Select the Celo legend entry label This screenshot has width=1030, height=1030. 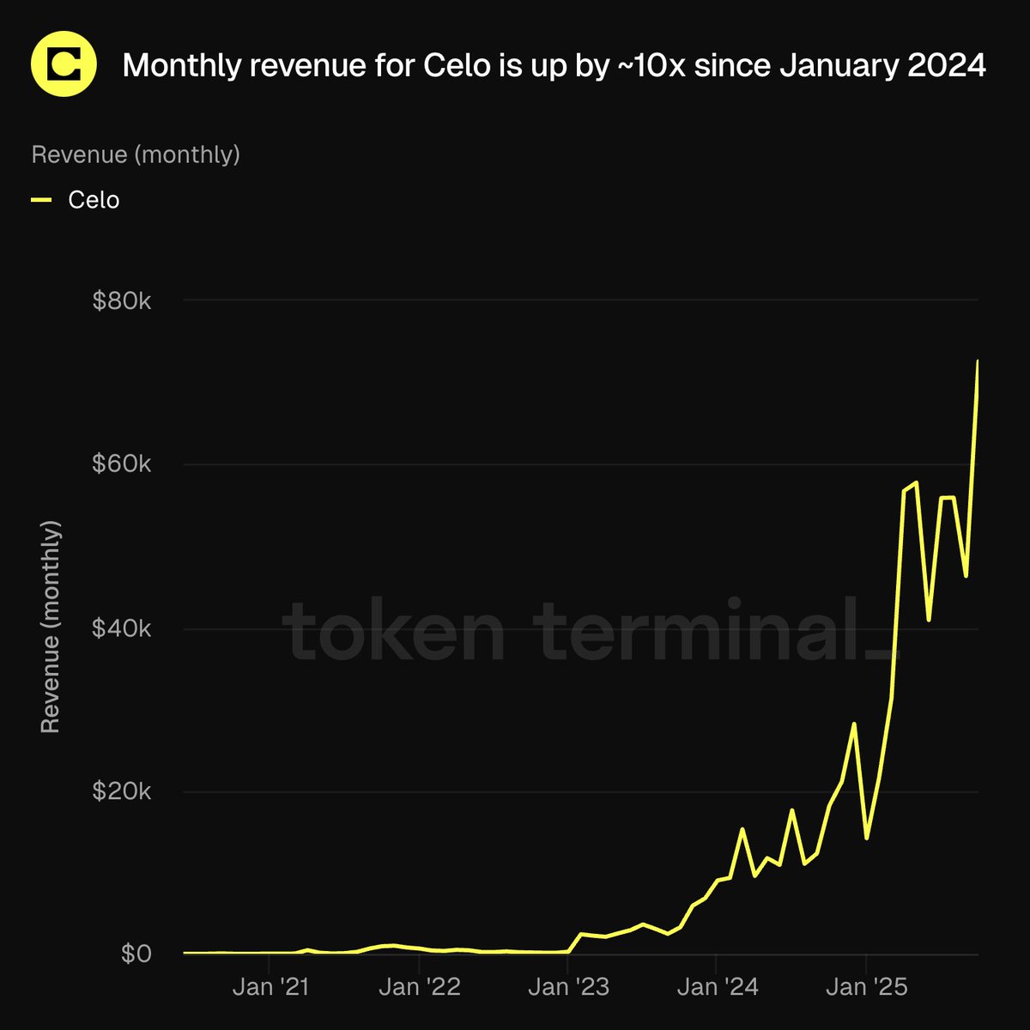(94, 200)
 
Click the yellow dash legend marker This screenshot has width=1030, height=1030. (42, 200)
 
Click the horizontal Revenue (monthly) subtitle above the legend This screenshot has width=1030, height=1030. (136, 154)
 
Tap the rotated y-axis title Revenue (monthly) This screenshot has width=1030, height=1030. (51, 627)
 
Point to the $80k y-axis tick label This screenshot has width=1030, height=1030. (121, 301)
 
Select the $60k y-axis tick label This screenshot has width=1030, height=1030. (121, 464)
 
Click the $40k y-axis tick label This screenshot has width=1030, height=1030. (121, 628)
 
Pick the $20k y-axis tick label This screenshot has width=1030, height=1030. (121, 791)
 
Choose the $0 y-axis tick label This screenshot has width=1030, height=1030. (136, 954)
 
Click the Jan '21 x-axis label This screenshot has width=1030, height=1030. (270, 987)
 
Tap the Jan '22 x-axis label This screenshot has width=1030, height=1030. (420, 987)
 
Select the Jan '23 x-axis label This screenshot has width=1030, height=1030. (568, 987)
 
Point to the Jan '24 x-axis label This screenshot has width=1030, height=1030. (718, 987)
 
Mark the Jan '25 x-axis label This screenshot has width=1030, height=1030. (867, 987)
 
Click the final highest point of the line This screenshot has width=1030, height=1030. (978, 361)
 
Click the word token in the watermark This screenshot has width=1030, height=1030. (395, 631)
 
